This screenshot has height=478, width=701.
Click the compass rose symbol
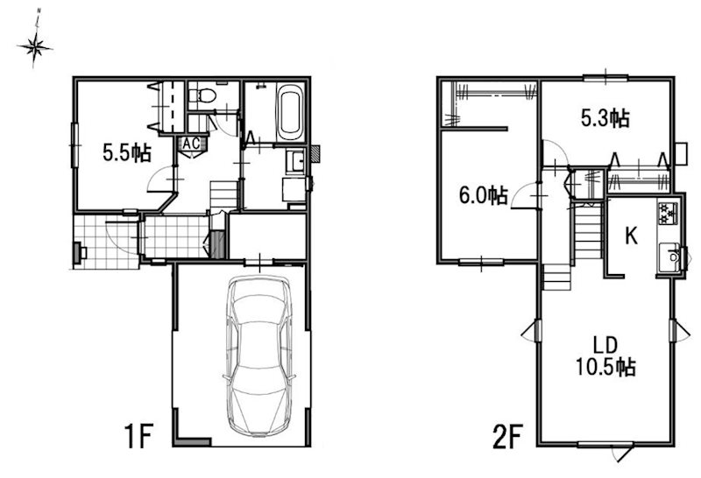(35, 46)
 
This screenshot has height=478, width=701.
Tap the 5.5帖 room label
(127, 152)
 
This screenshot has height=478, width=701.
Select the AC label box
(191, 144)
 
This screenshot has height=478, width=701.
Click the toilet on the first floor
(202, 95)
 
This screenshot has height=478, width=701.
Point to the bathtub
(290, 112)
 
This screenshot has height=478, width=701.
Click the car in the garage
(259, 355)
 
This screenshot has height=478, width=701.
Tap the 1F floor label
(138, 436)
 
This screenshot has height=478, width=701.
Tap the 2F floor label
(508, 436)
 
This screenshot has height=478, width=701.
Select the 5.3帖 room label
(605, 118)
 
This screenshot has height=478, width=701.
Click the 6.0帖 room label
(484, 195)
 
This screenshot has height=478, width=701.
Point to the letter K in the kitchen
(631, 235)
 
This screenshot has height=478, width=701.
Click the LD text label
(605, 345)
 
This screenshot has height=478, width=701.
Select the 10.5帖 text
(605, 367)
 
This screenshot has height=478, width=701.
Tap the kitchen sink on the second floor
(669, 257)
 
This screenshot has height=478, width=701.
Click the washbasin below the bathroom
(295, 161)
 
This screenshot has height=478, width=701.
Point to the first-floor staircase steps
(223, 194)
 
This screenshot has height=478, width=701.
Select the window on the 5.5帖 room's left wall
(74, 144)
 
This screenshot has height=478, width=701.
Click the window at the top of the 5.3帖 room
(605, 79)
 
